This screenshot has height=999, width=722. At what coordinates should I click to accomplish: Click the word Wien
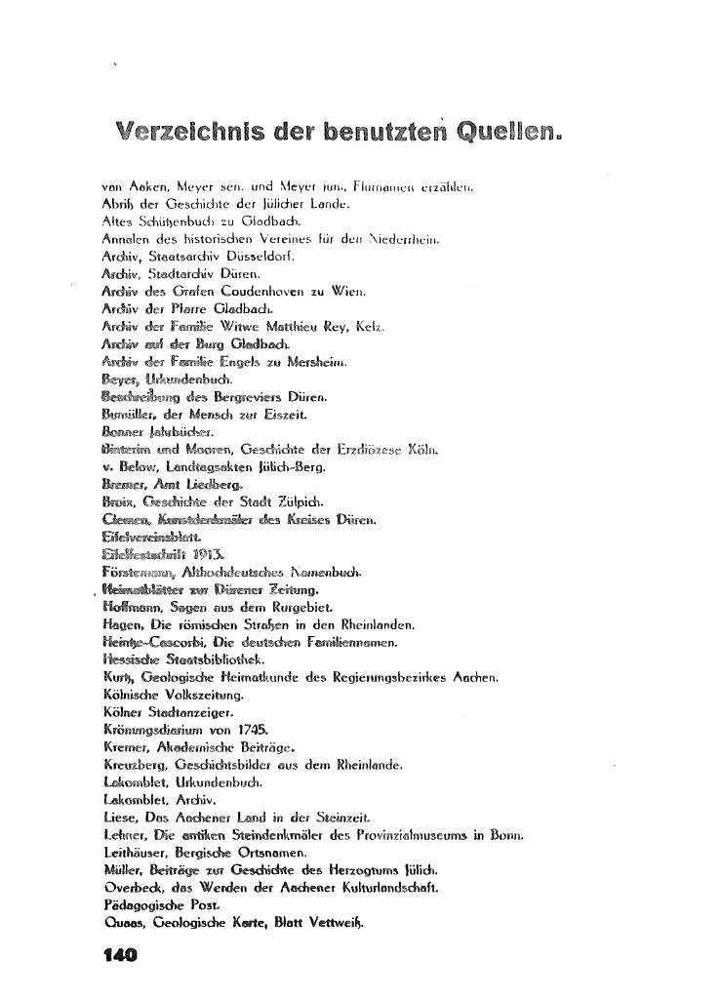[x=348, y=291]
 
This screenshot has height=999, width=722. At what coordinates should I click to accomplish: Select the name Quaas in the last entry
[x=121, y=923]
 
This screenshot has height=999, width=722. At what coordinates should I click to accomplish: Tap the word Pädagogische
[x=142, y=905]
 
